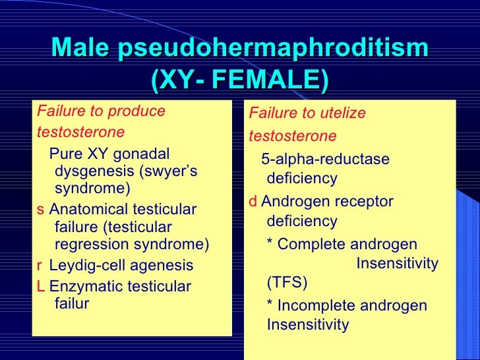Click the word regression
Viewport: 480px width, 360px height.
coord(91,245)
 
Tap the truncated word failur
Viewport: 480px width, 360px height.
coord(72,304)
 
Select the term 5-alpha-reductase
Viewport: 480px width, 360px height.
coord(325,160)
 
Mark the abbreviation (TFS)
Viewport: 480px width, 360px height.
coord(287,284)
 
